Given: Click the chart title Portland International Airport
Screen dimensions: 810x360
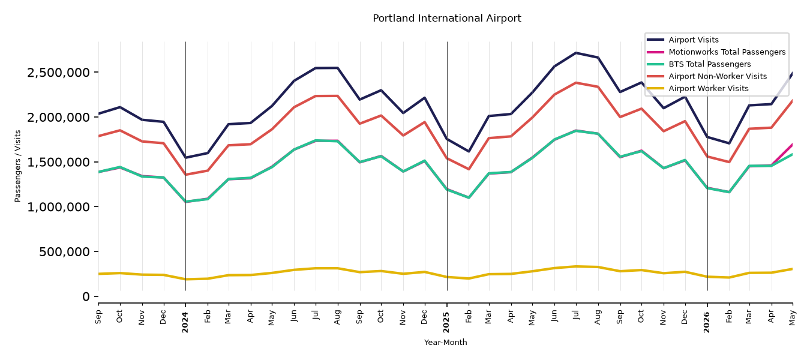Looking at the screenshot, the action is point(447,19).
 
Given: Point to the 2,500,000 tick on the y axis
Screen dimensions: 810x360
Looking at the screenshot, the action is point(58,73).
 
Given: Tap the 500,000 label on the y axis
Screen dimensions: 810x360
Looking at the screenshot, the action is point(64,252).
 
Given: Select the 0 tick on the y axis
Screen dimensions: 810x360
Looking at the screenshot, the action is point(86,297).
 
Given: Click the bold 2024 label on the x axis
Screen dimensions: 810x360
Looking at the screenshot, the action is point(185,322).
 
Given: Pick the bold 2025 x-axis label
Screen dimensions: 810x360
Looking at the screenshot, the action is point(447,322).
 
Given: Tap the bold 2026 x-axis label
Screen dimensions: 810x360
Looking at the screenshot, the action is point(707,322).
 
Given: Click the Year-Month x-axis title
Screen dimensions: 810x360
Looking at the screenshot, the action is point(445,342).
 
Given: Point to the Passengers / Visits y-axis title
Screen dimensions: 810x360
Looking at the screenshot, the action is point(18,166).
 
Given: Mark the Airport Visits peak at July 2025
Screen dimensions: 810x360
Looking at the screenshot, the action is point(576,53).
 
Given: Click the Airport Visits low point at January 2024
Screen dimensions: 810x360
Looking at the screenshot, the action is point(186,158).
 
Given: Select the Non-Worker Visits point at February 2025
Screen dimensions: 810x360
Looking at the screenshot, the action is point(469,169).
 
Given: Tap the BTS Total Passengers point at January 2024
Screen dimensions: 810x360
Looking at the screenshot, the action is point(186,202).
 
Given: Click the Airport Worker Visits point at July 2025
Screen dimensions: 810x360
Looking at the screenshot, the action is point(576,266).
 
